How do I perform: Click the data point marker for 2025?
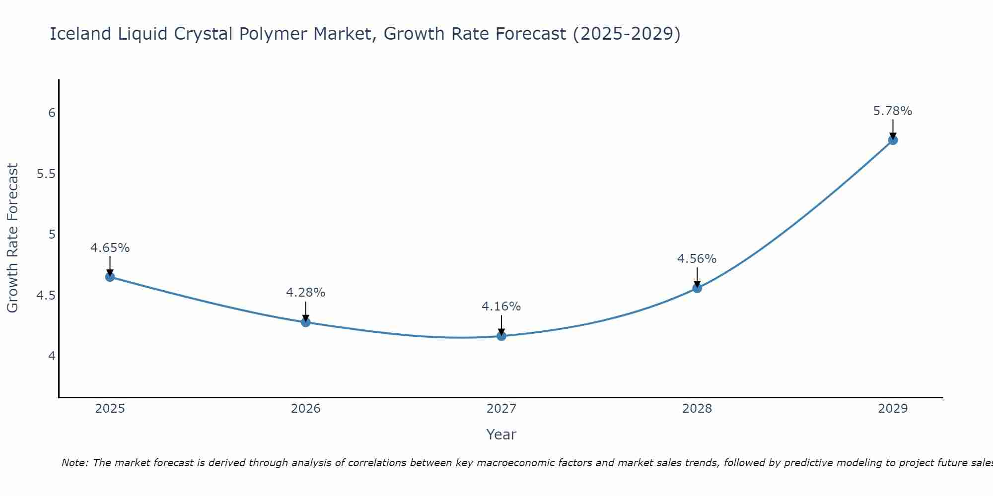[110, 277]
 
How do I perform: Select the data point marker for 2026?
[305, 322]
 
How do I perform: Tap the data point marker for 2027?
[501, 336]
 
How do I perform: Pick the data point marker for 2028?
[697, 288]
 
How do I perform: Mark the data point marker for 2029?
[893, 140]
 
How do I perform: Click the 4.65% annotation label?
[110, 248]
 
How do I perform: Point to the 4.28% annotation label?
[305, 293]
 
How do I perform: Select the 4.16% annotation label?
[501, 307]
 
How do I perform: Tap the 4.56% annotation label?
[697, 259]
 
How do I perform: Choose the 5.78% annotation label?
[893, 111]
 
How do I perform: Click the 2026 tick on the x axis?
[305, 409]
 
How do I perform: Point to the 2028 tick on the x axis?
[697, 409]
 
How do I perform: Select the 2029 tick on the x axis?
[893, 409]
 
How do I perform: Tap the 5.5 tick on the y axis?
[46, 174]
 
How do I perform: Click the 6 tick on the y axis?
[52, 113]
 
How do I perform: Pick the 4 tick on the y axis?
[52, 356]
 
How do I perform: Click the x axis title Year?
[501, 434]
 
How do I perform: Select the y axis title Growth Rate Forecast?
[12, 238]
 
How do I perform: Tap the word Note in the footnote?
[74, 463]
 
